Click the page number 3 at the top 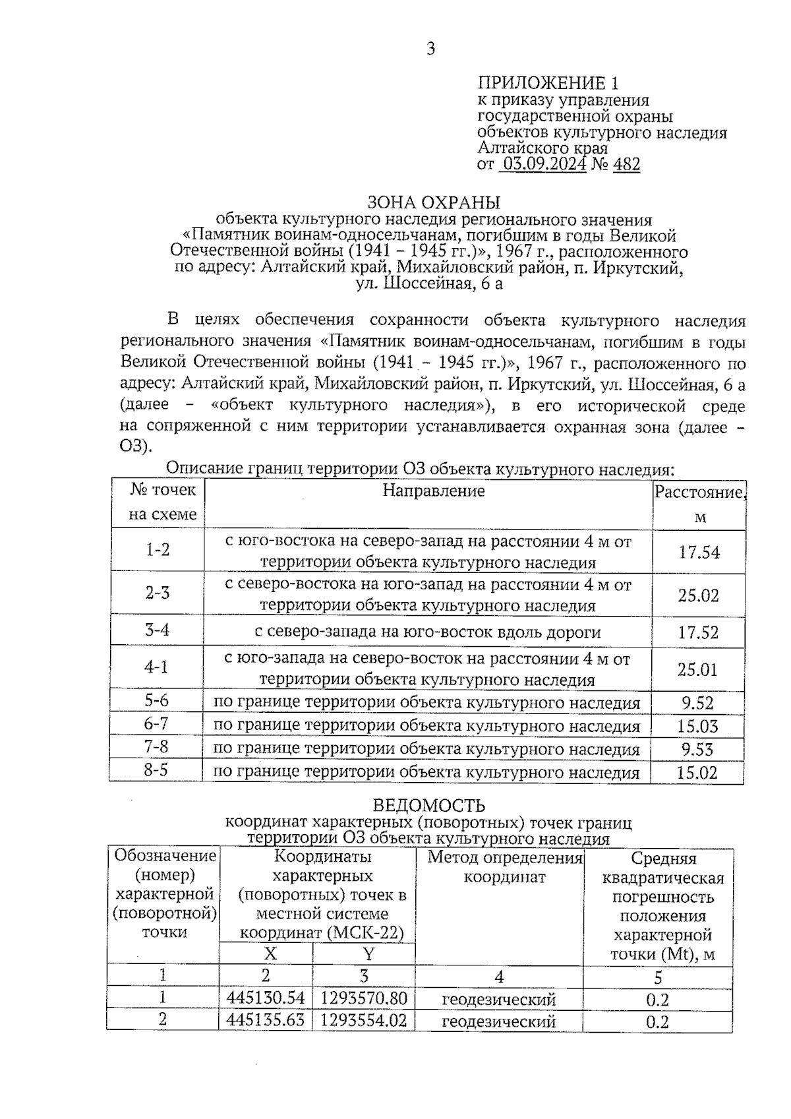point(430,49)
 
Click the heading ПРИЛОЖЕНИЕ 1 point(548,83)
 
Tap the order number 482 point(626,164)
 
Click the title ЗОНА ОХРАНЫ point(433,202)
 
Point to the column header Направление point(434,491)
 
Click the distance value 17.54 point(699,553)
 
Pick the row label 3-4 point(157,630)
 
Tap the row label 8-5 point(156,770)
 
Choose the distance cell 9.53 point(697,750)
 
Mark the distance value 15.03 point(697,727)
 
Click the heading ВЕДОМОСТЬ point(429,806)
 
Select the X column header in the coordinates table point(270,954)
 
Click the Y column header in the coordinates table point(368,954)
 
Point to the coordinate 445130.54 point(266,998)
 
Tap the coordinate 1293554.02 point(363,1020)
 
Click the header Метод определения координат point(505,867)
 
